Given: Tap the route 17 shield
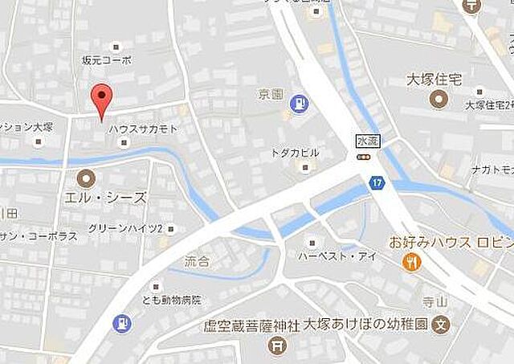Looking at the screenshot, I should (x=377, y=184).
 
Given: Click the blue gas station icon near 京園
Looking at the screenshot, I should (x=300, y=104).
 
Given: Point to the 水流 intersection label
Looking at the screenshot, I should (x=366, y=141).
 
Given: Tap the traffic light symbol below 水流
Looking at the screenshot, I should (x=366, y=157).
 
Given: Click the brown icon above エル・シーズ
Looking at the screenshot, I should (x=85, y=178).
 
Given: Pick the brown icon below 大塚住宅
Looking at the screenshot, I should (x=439, y=100).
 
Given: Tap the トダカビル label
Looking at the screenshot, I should (x=295, y=153).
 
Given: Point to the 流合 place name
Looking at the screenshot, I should (x=197, y=262).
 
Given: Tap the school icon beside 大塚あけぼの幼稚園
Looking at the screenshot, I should (x=439, y=326).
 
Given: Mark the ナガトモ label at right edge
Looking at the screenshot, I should (x=492, y=170).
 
